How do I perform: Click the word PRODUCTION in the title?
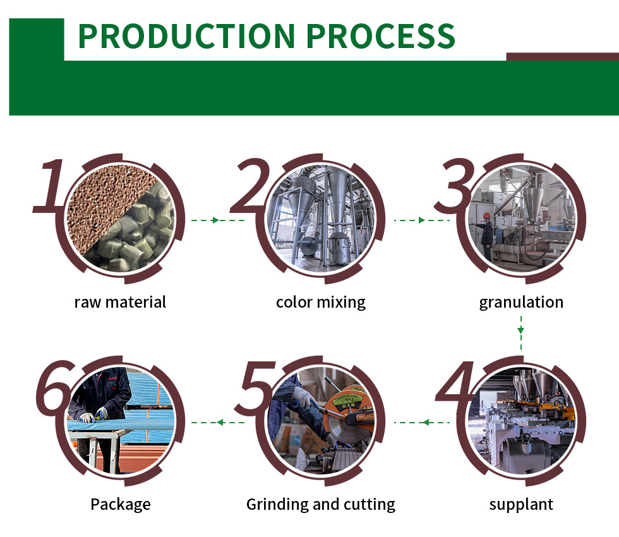pos(187,36)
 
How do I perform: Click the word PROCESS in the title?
pos(380,36)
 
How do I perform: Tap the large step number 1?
pos(50,186)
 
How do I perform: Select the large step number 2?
pos(250,184)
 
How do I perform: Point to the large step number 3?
pos(455,186)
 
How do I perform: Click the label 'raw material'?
pos(120,302)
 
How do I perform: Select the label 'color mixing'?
pos(321,303)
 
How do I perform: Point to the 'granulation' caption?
pos(521,303)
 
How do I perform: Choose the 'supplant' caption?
pos(521,505)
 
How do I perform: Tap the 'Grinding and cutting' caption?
pos(321,505)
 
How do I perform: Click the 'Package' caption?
pos(121,505)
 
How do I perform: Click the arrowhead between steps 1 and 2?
pos(215,220)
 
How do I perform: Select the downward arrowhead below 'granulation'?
pos(521,330)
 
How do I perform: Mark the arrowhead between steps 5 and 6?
pos(220,423)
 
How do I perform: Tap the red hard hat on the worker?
pos(487,215)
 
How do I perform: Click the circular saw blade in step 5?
pos(350,423)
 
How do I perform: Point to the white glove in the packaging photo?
pos(87,418)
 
